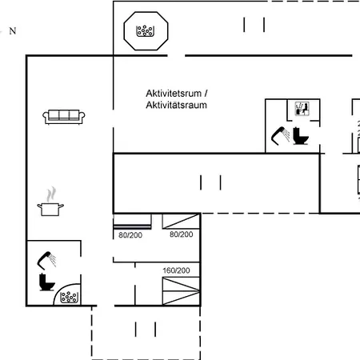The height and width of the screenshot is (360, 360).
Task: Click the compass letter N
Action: (x=13, y=31)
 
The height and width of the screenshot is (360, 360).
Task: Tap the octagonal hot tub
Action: (x=146, y=31)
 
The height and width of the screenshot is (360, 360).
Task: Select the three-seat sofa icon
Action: (x=64, y=117)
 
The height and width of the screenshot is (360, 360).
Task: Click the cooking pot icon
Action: (x=50, y=210)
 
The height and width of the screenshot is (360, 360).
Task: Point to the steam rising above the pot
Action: (x=51, y=194)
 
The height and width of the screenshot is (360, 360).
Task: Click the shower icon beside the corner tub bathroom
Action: (x=46, y=260)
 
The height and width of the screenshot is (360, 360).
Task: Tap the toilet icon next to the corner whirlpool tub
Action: (x=46, y=282)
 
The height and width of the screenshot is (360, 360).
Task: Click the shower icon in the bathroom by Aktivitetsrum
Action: (x=281, y=136)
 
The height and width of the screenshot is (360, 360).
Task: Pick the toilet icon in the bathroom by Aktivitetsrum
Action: (x=301, y=136)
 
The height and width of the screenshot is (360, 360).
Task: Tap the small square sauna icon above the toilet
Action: (x=302, y=109)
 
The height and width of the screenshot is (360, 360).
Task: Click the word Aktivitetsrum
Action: (x=174, y=94)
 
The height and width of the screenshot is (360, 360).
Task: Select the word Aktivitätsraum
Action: (x=176, y=105)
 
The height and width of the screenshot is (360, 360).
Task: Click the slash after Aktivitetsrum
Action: (x=206, y=94)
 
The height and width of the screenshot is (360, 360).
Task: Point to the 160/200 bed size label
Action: (x=176, y=270)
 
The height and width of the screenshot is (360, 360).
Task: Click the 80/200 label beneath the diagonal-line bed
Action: (x=182, y=234)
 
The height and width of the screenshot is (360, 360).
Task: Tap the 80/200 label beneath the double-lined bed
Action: (x=130, y=235)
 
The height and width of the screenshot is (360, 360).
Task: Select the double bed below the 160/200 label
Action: (x=181, y=291)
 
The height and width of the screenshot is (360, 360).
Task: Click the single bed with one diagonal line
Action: (x=181, y=221)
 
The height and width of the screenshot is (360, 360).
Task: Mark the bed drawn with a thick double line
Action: (x=132, y=222)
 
